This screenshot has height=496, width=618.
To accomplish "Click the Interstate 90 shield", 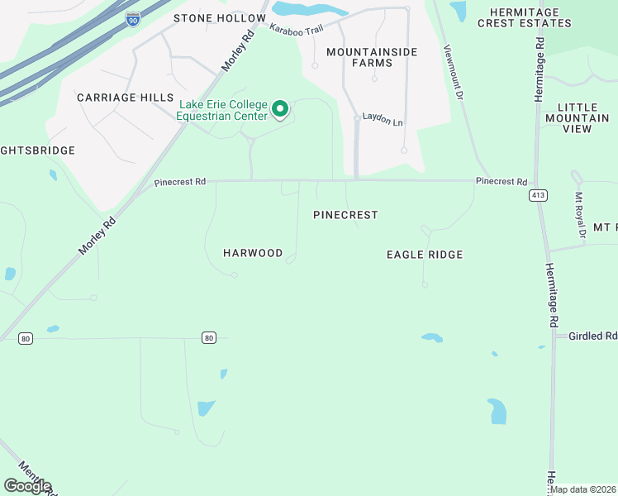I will coord(133,18).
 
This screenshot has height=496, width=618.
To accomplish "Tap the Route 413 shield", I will coord(539,195).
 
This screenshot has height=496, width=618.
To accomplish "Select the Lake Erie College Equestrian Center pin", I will coord(280,108).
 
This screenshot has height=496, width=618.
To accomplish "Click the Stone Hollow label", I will coord(220,18).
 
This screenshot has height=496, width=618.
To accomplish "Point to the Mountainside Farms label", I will coord(372,57).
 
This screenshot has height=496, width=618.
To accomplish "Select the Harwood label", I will coord(253,253).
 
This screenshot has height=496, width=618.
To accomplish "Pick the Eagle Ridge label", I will coord(425,255).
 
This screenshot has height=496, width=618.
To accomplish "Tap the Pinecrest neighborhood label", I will coord(345,215).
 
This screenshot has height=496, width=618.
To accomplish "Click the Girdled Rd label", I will coord(592,336).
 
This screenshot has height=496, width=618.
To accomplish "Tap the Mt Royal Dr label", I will coord(581,217).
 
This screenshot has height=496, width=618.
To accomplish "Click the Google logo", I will coord(27,486).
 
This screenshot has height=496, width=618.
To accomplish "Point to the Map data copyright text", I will coord(582,489).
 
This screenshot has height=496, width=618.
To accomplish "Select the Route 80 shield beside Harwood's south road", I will coord(208,337).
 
